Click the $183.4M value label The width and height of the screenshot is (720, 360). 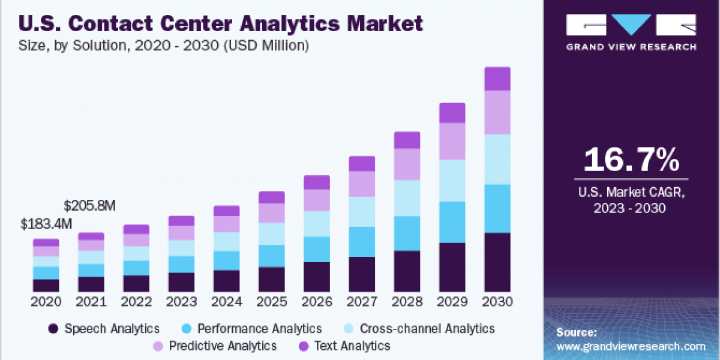(46, 224)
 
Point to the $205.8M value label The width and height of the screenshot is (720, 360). (90, 206)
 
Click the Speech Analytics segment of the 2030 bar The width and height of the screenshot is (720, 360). (497, 262)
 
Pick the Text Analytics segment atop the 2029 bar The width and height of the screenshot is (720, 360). (452, 113)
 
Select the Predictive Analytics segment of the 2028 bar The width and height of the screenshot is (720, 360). (407, 164)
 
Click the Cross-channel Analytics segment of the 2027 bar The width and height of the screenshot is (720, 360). (362, 211)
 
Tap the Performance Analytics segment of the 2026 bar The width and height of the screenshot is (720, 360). (317, 249)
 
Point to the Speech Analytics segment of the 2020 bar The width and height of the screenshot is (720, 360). (46, 285)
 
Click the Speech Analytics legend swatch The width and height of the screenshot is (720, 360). (54, 329)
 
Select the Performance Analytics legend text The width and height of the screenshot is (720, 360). (260, 329)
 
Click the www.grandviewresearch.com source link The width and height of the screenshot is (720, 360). (631, 346)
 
